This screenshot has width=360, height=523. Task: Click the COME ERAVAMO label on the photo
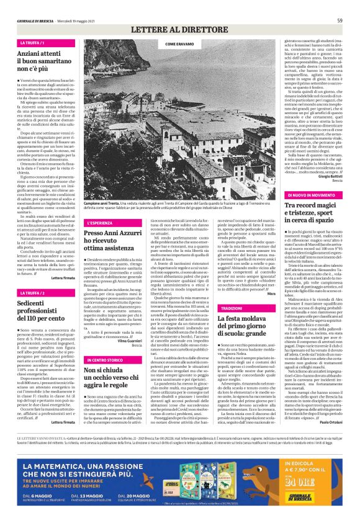(179, 45)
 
